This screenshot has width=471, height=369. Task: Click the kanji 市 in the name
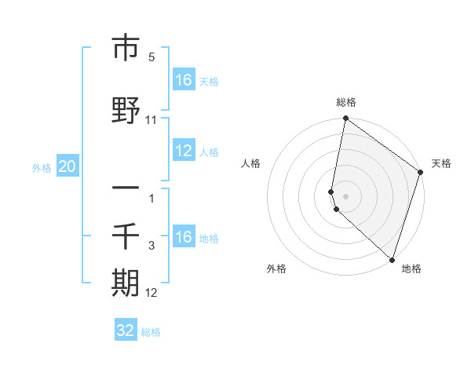click(x=126, y=49)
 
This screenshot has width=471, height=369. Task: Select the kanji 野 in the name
click(x=126, y=111)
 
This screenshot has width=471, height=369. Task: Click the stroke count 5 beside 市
click(x=152, y=57)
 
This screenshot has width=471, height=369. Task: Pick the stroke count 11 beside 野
click(x=152, y=119)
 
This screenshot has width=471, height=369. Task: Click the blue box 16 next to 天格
click(x=183, y=80)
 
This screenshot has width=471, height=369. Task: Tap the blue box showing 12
click(x=183, y=151)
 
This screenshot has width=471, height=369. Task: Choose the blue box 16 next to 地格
click(x=183, y=237)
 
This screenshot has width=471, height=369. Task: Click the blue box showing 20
click(x=68, y=166)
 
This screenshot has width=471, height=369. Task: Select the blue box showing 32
click(x=126, y=331)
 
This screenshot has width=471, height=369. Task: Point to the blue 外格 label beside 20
click(x=42, y=167)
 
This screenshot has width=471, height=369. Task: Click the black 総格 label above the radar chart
click(x=346, y=102)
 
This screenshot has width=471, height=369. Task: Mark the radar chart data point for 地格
click(x=392, y=260)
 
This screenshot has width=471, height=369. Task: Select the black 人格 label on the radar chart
click(x=251, y=163)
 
